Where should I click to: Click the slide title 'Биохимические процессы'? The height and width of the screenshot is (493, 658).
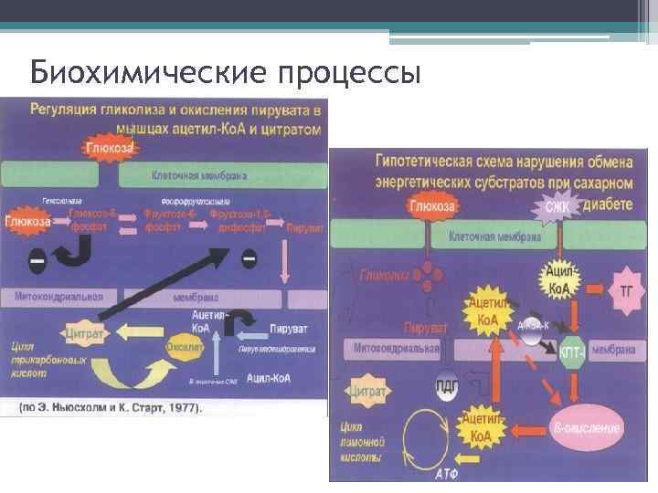click(225, 71)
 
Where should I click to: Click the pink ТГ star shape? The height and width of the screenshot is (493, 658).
click(626, 291)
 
